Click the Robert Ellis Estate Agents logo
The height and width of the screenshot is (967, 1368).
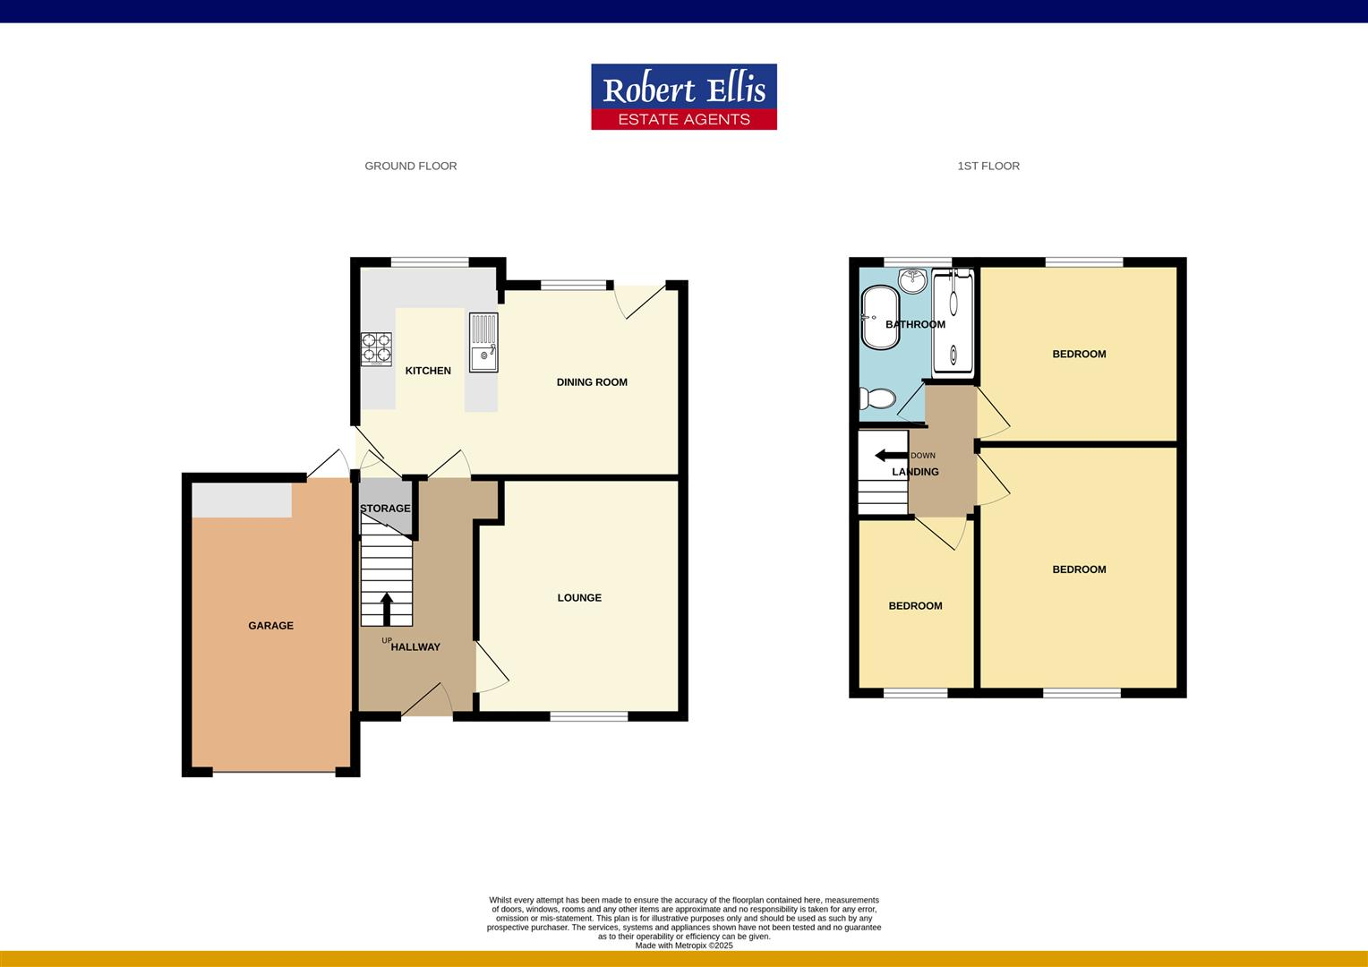[683, 97]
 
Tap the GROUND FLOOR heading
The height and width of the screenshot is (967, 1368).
[410, 166]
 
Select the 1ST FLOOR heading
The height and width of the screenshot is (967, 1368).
[988, 166]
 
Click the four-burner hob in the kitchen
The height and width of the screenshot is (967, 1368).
[376, 349]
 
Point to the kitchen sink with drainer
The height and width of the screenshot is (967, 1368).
[483, 342]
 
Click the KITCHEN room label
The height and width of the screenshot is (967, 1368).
[428, 371]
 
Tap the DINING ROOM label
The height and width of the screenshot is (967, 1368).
[592, 382]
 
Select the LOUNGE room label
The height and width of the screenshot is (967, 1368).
[579, 598]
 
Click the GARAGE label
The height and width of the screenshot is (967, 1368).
[270, 626]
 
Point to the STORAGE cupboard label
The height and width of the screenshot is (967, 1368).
[385, 509]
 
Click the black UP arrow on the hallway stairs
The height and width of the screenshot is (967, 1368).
[387, 609]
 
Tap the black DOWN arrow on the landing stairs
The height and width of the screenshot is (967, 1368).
[891, 456]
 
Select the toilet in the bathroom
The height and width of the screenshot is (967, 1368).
[876, 398]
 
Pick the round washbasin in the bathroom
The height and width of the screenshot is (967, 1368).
[913, 279]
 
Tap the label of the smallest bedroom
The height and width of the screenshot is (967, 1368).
[915, 606]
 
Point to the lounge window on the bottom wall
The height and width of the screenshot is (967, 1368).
[588, 715]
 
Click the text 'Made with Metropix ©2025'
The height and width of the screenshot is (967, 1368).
[683, 946]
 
